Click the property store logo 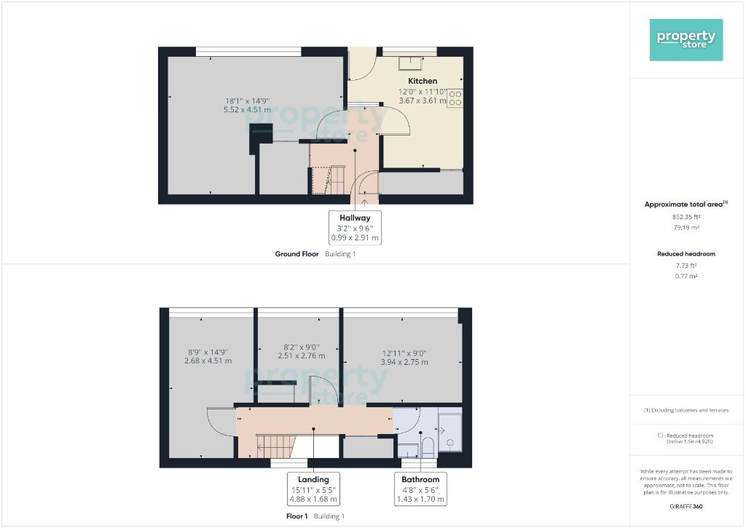point(686,40)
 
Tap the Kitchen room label point(423,81)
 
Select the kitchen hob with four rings point(455,98)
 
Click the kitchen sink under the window point(410,63)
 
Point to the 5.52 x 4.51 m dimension point(247,109)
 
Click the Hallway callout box point(355,227)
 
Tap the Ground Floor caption point(297,254)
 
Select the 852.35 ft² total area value point(686,217)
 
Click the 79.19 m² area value point(686,227)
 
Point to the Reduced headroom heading point(686,254)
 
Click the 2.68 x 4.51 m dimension point(208,361)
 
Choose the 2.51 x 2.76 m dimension point(302,356)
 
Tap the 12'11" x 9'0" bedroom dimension point(404,353)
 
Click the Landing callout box point(313,489)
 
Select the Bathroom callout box point(420,489)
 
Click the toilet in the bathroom point(427,446)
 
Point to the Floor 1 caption point(297,516)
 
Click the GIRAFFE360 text point(686,507)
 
